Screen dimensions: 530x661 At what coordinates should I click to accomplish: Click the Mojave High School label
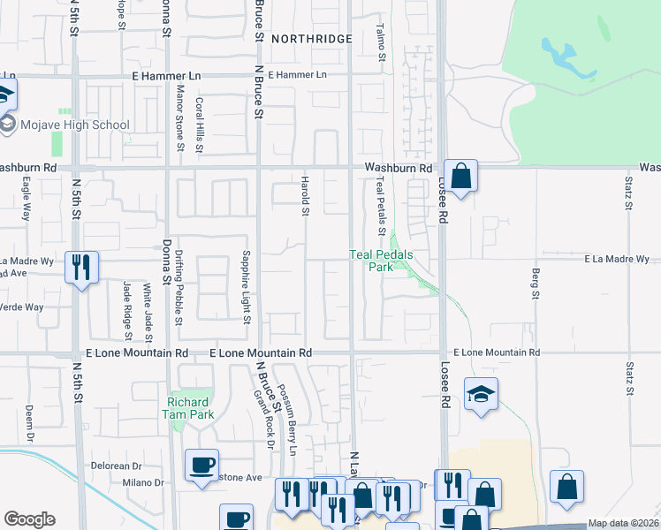coord(77,125)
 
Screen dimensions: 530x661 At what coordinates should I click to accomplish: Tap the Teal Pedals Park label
coord(381,261)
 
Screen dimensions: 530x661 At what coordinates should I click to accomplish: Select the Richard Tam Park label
coord(189,408)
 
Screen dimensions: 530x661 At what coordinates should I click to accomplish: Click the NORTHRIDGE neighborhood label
coord(311,39)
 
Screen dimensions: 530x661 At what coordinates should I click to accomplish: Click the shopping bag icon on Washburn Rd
coord(460,175)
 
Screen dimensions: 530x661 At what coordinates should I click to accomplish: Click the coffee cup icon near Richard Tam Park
coord(202,465)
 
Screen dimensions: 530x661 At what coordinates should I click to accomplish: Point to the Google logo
coord(29,519)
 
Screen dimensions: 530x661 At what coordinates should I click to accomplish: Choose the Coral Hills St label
coord(199,118)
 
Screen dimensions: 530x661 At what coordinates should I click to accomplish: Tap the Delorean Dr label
coord(116,466)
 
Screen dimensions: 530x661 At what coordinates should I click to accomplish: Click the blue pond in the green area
coord(560,55)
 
